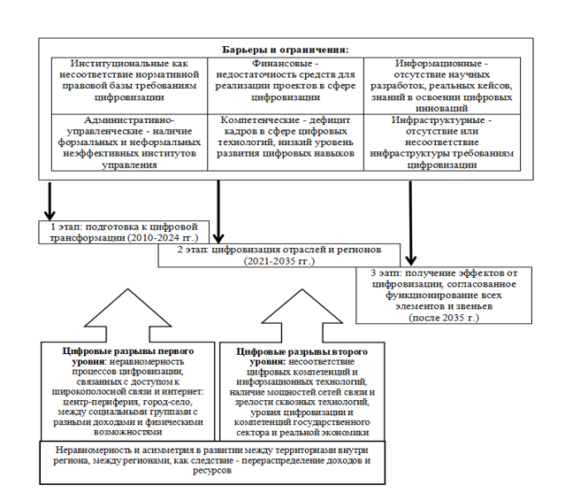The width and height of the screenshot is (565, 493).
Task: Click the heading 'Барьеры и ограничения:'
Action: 285,50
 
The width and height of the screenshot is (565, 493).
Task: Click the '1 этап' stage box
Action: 124,232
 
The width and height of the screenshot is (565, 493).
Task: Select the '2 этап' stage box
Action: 285,255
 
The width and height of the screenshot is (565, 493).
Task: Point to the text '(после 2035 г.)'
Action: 442,316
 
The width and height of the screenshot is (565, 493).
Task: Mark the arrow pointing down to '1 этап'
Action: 50,199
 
